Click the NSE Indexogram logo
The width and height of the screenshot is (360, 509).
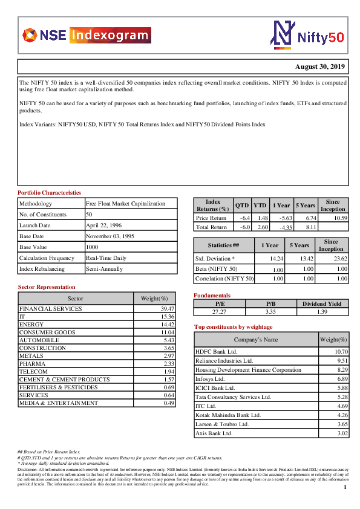(85, 35)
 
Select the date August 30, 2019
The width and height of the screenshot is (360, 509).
(321, 66)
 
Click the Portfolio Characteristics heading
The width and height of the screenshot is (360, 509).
(50, 192)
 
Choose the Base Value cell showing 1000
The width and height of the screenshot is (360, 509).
(93, 247)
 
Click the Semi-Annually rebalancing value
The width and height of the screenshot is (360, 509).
(104, 269)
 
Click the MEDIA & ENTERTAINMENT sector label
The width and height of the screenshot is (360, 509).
(58, 403)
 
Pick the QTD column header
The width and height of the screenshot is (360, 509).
(242, 206)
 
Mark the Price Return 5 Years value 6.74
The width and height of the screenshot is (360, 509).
(308, 218)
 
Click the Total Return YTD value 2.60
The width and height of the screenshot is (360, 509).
(262, 227)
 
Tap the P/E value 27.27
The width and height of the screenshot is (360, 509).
(220, 312)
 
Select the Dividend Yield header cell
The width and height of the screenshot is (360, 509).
(322, 304)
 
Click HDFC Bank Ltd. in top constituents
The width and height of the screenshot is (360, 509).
(217, 351)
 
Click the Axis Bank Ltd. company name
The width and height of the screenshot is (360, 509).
(214, 433)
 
